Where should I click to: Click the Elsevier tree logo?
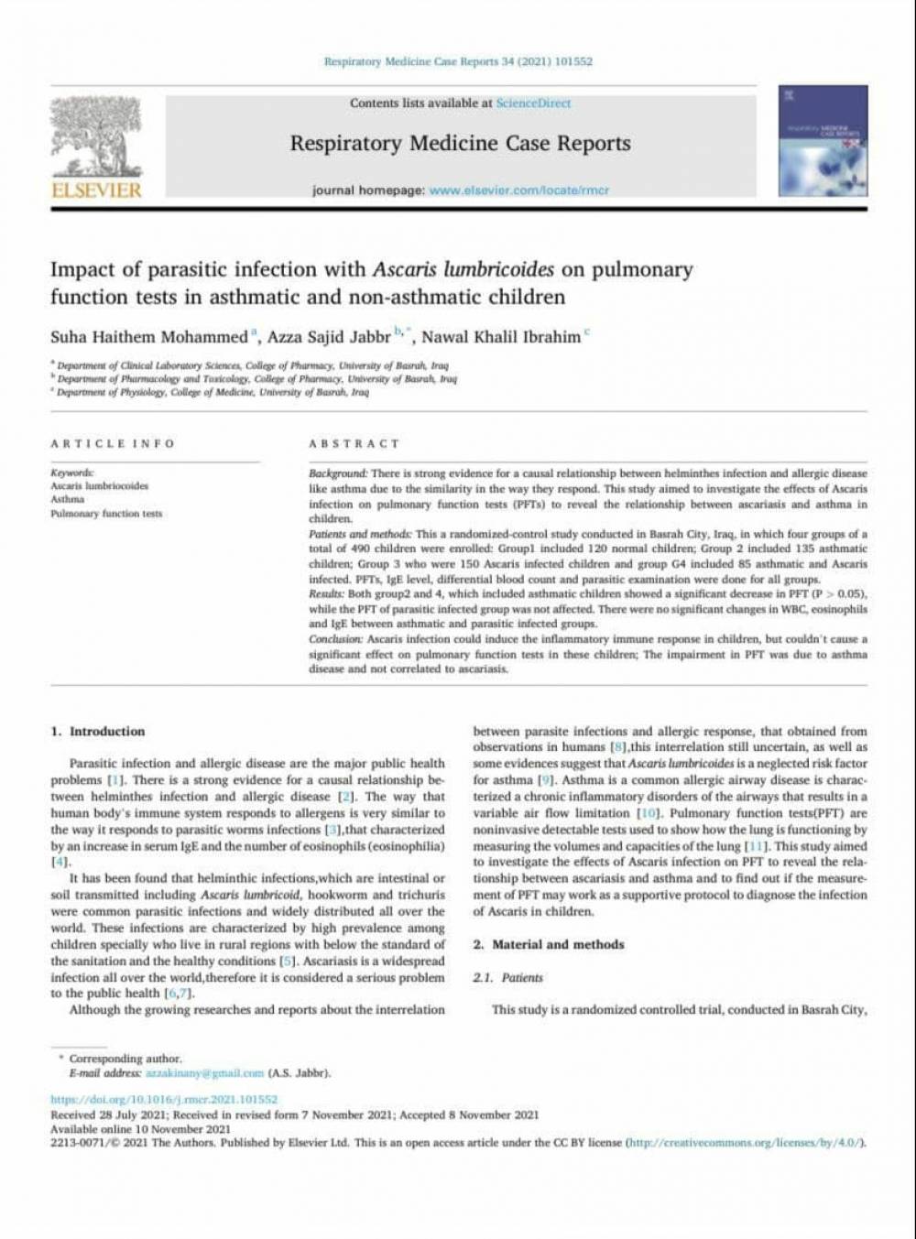96,136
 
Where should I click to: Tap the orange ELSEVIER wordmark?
96,190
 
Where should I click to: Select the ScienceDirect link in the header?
533,103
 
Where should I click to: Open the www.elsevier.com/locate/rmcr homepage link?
518,190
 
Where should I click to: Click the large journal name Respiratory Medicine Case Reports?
460,144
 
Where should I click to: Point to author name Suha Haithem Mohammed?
148,336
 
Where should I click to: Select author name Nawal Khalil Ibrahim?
500,336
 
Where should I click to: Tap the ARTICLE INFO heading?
113,443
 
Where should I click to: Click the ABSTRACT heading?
354,443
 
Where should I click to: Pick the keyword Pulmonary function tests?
106,514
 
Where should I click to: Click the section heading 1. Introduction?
98,732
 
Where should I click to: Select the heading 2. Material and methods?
549,944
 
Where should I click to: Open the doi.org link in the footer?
164,1099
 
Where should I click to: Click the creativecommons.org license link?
744,1143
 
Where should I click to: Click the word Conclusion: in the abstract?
335,639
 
